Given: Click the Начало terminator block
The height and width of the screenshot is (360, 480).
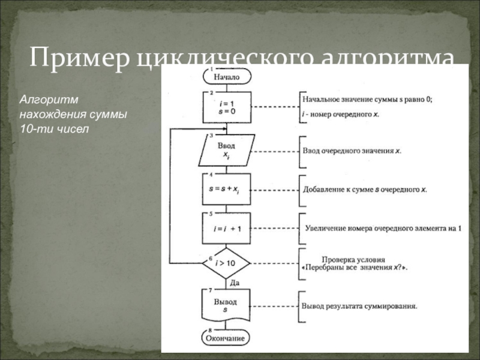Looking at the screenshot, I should pos(226,77).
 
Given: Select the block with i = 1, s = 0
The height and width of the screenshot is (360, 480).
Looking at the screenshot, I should pos(226,107).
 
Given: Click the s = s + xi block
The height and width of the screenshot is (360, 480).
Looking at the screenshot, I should pos(226,190).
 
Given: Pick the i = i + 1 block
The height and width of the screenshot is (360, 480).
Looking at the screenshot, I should pos(226,227).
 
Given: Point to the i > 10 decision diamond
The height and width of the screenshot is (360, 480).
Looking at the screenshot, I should pos(226,263).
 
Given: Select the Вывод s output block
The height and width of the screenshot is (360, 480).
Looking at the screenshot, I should pos(226,305).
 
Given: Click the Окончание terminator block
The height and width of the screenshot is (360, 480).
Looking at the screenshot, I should pos(226,338).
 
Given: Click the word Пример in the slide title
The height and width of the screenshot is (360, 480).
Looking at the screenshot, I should pos(80,59).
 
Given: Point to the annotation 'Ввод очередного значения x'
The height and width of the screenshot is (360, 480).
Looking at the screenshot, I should pos(352,150).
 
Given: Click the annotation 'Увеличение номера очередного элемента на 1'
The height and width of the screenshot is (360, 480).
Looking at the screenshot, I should pos(383,228).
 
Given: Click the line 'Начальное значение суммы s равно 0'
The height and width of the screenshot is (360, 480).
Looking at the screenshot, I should pos(367,100).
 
